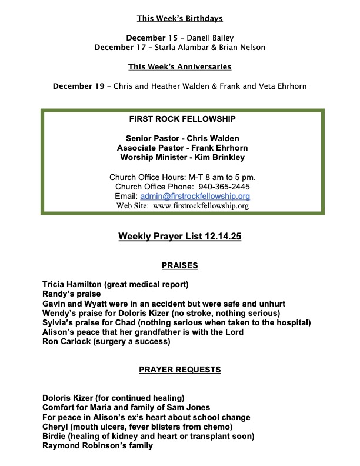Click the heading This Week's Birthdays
(180, 18)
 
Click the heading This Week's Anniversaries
(180, 66)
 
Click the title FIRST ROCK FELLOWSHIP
(182, 119)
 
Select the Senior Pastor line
(182, 138)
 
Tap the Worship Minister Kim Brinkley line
(182, 157)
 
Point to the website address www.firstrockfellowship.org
(201, 206)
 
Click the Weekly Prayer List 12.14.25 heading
(180, 237)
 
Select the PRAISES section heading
(180, 265)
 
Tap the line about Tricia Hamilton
(115, 285)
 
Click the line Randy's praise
(71, 294)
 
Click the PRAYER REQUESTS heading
(180, 370)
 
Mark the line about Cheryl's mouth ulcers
(137, 427)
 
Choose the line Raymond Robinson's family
(98, 445)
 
